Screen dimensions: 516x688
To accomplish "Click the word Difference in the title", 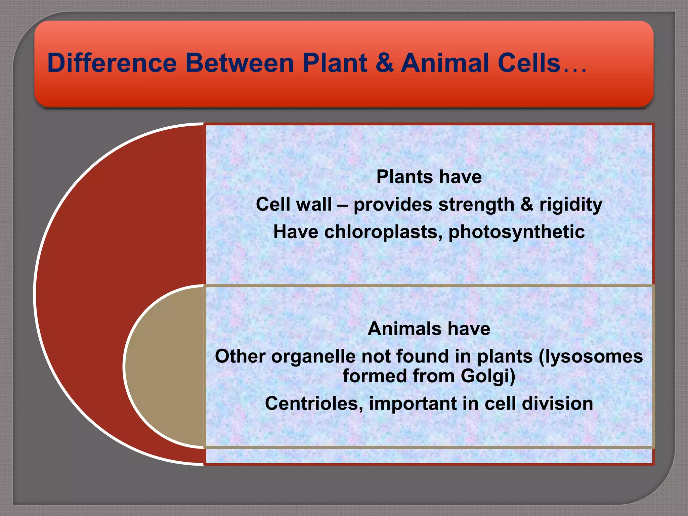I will coord(112,63).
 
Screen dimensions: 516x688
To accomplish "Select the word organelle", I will coord(313,356).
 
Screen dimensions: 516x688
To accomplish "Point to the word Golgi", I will coord(487,376).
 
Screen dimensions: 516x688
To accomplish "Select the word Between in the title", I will coord(240,63).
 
